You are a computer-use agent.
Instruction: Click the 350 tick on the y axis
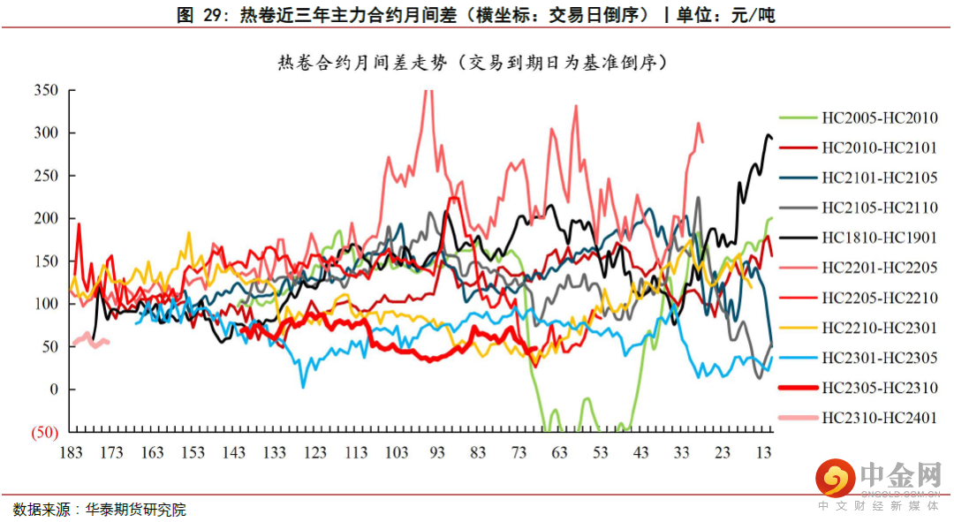pos(46,90)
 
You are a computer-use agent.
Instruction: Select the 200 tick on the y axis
pos(46,218)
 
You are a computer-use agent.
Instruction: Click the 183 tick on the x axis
pos(71,453)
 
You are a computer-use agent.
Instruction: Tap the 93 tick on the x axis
pos(437,453)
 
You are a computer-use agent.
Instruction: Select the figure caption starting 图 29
pos(476,15)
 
